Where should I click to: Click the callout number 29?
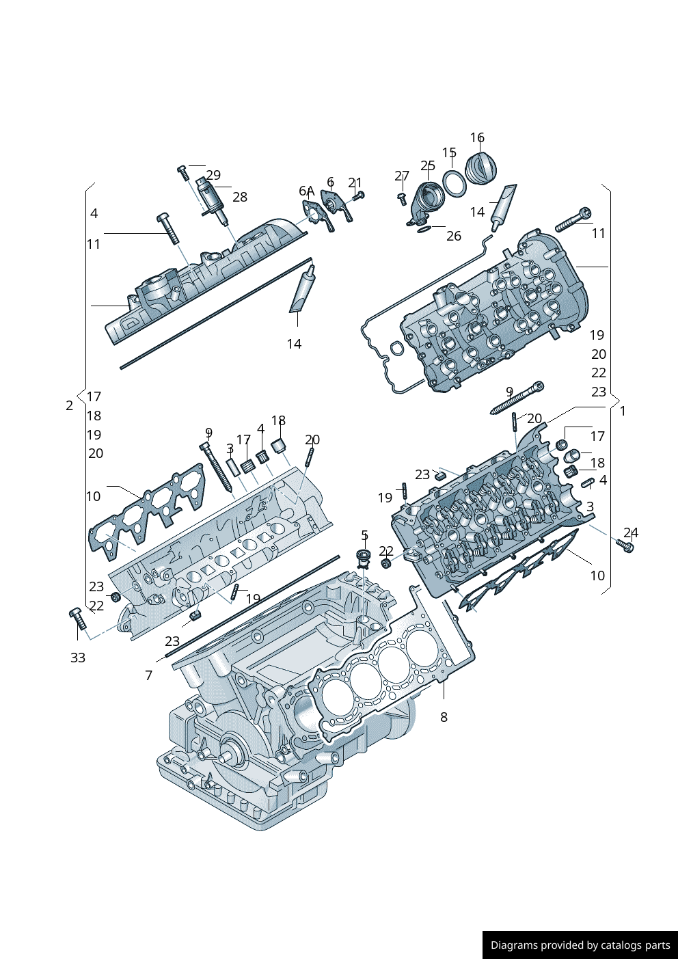tap(213, 175)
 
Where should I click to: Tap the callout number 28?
tap(239, 197)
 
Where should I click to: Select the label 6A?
tap(306, 191)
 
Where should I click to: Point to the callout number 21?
tap(355, 183)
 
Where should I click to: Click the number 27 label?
tap(402, 176)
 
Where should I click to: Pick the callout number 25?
tap(428, 166)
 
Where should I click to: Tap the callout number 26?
tap(454, 236)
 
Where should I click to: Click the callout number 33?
tap(78, 658)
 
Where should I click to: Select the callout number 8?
tap(444, 717)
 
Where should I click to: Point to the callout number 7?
tap(148, 675)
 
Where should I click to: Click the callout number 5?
tap(364, 535)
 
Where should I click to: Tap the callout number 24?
tap(631, 532)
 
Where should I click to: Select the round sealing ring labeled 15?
tap(454, 183)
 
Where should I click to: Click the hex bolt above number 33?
tap(78, 619)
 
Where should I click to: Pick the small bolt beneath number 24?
tap(625, 545)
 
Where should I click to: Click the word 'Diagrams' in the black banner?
tap(513, 945)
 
